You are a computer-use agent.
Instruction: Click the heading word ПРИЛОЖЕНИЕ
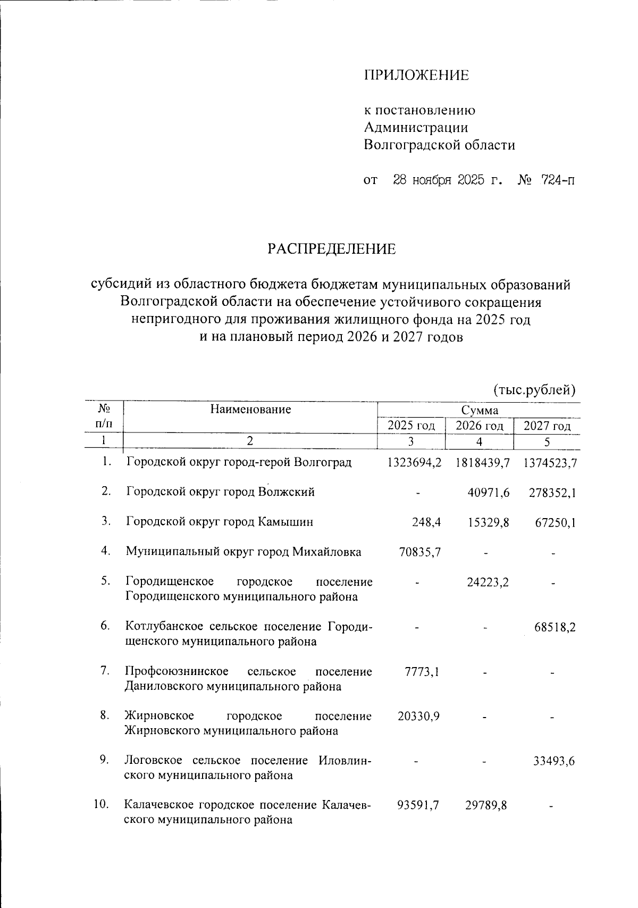pos(416,76)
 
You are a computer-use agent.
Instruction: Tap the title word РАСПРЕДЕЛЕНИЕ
pos(331,249)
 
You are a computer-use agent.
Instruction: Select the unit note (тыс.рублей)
pos(534,390)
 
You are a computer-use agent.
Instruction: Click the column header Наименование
pos(250,409)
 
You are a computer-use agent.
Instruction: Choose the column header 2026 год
pos(480,426)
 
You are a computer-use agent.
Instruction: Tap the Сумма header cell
pos(480,410)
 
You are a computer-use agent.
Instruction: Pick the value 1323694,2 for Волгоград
pos(414,462)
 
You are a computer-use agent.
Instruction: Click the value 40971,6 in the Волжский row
pos(489,493)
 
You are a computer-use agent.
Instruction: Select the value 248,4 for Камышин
pos(426,522)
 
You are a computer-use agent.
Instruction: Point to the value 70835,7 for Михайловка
pos(419,552)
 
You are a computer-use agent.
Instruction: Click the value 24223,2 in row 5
pos(488,582)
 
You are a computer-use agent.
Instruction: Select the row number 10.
pos(101,804)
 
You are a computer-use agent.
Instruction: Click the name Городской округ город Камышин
pos(220,522)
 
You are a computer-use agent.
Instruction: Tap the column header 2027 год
pos(547,426)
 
